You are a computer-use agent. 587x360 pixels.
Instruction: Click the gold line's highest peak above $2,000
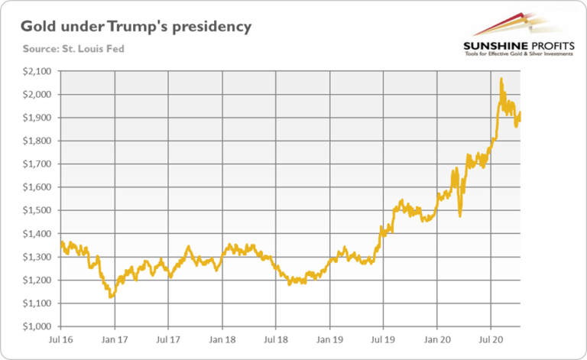[x=501, y=79]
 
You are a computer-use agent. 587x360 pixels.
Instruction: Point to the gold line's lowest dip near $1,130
[x=112, y=297]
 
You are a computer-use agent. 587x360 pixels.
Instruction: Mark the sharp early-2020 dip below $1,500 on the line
[x=459, y=216]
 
